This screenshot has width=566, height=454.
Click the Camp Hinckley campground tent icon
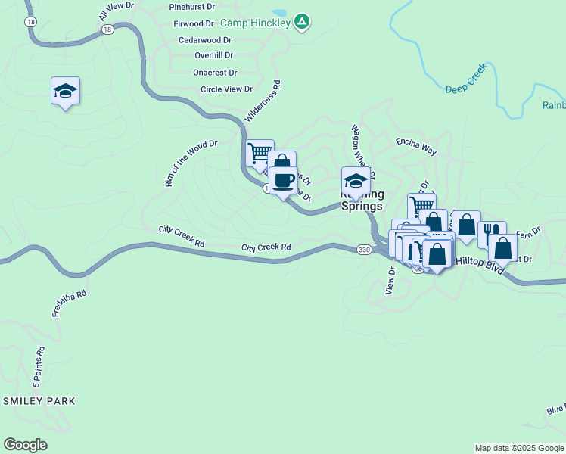tap(301, 22)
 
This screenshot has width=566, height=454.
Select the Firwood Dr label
tap(194, 23)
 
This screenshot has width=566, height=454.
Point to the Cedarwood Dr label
tap(204, 39)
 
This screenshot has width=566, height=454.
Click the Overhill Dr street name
tap(213, 55)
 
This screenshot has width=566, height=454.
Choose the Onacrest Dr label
tap(215, 73)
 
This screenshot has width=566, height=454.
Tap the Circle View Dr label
tap(225, 89)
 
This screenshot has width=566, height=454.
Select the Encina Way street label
tap(416, 145)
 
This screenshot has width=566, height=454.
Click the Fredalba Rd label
tap(70, 303)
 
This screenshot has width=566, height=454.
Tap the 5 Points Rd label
tap(40, 365)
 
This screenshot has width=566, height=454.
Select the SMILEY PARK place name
tap(40, 401)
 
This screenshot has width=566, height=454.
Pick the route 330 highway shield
tap(364, 249)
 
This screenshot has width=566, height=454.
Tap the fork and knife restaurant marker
tap(492, 232)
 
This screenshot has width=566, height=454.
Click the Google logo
tap(25, 445)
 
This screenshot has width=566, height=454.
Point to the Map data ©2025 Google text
tap(520, 448)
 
